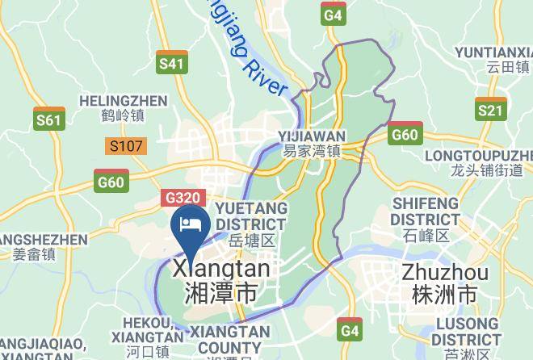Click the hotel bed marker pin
click(x=191, y=224)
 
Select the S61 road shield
click(x=48, y=119)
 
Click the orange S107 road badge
click(x=126, y=146)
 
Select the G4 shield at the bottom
click(x=349, y=329)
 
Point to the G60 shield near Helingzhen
click(x=111, y=181)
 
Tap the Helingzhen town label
click(x=124, y=108)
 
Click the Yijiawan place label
click(x=312, y=143)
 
